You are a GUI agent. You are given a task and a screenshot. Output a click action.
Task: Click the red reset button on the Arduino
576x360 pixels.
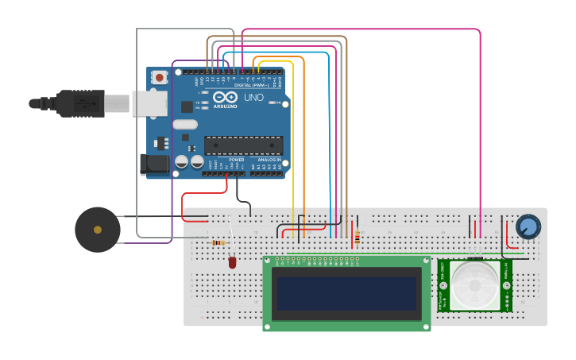tap(160, 77)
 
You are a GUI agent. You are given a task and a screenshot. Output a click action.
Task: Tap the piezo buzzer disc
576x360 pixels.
tap(97, 230)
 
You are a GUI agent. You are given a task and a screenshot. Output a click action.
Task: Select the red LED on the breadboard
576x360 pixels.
tap(232, 261)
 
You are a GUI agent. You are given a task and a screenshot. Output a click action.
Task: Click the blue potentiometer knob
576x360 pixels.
tap(528, 226)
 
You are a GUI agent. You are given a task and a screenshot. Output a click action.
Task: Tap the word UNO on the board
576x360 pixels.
tap(253, 98)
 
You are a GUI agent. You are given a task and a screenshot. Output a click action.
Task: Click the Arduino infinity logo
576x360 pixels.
tap(225, 96)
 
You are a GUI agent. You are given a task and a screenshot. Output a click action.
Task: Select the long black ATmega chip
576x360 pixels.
tap(243, 145)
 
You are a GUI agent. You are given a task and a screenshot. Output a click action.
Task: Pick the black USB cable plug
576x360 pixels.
tap(79, 103)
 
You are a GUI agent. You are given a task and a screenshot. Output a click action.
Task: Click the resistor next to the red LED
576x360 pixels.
tap(217, 242)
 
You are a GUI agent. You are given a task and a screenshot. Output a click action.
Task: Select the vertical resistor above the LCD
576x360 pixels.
tap(357, 237)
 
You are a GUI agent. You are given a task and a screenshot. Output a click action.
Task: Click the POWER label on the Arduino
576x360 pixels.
tap(236, 160)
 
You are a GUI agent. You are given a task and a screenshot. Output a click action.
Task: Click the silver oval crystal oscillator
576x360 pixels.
tap(184, 125)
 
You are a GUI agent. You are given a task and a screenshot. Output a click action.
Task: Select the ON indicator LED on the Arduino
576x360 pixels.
tap(284, 103)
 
